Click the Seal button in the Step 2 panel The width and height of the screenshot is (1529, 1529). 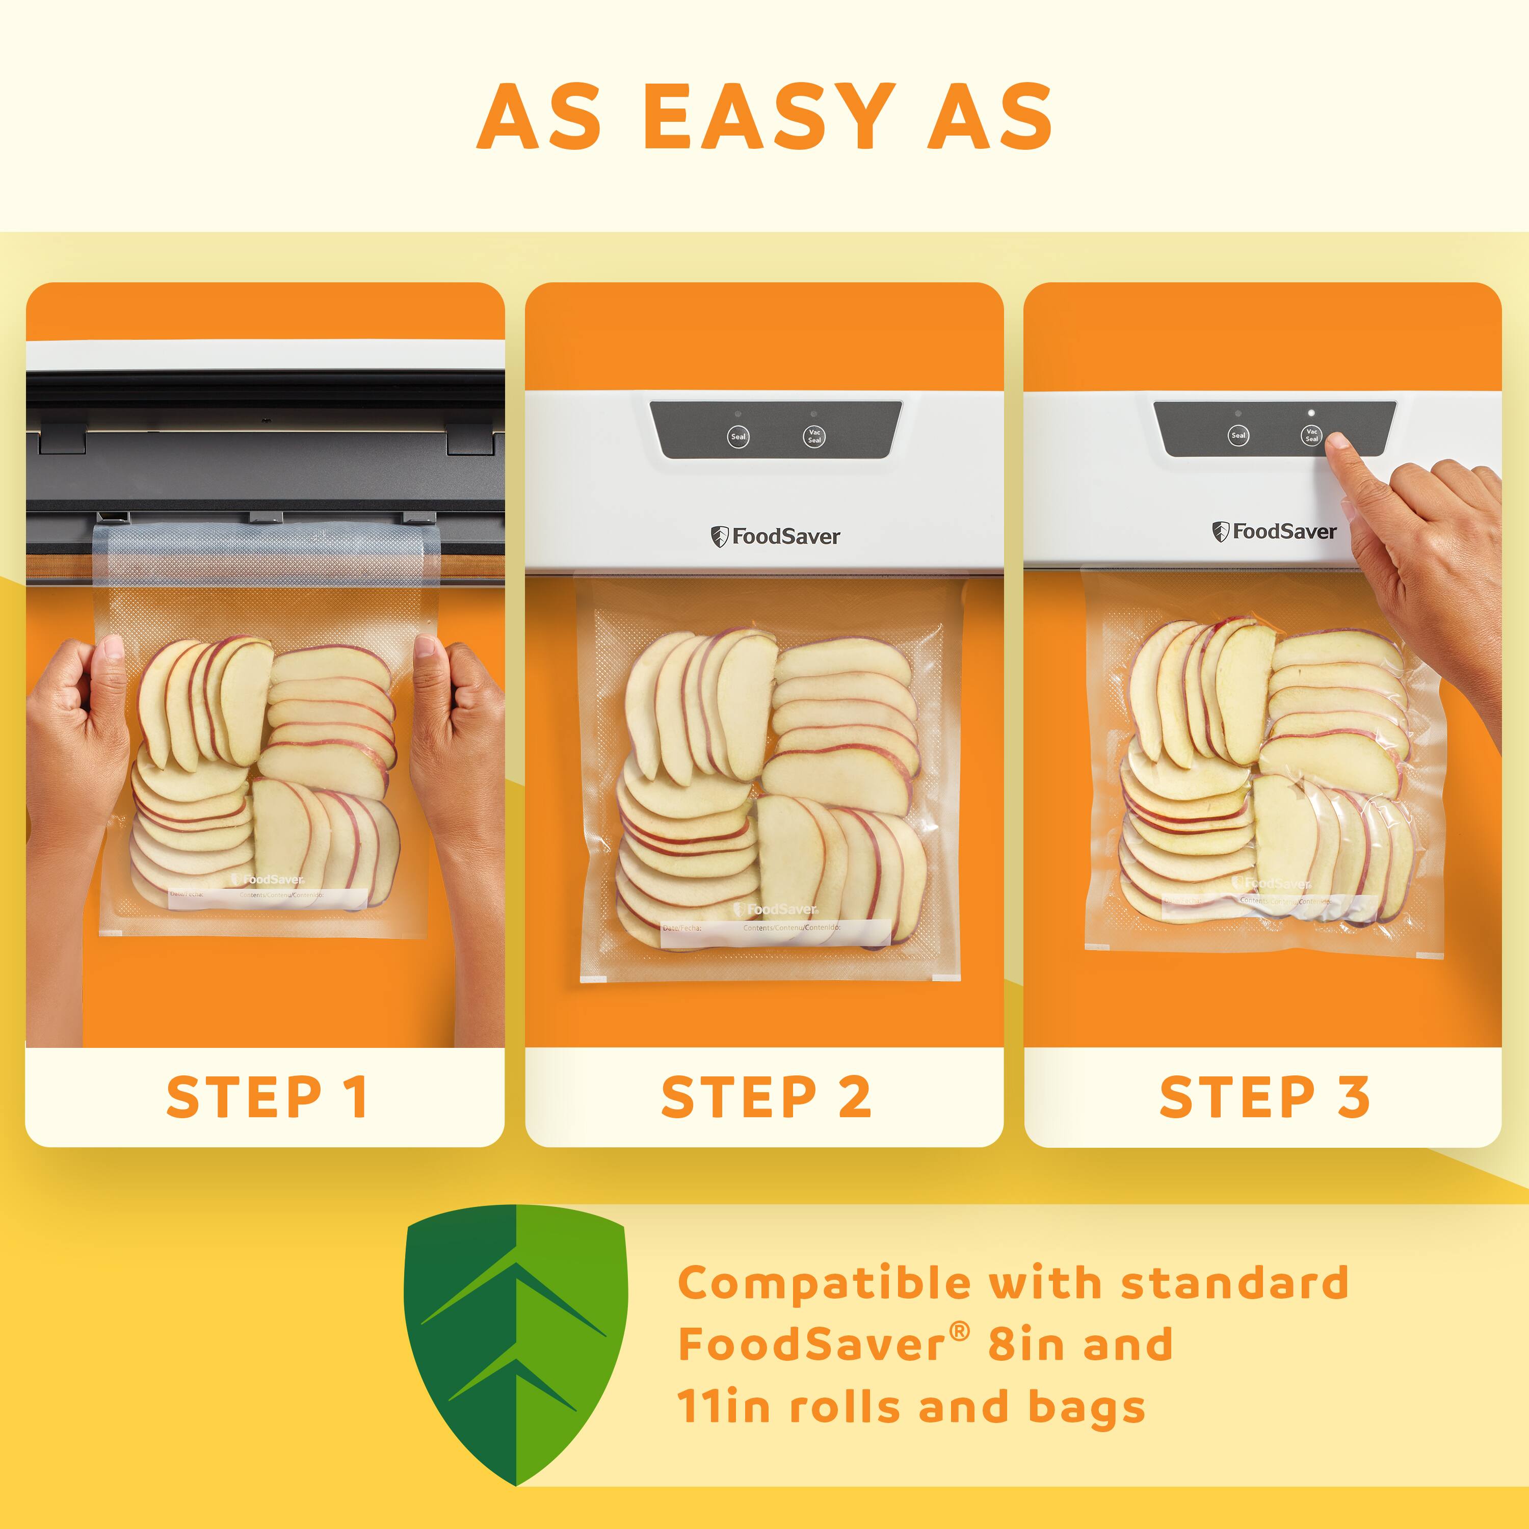737,436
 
